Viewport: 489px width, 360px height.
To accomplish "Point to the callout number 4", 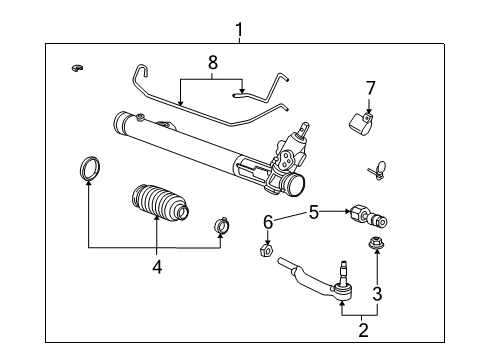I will tap(157, 266).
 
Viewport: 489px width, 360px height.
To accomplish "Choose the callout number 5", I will tap(313, 212).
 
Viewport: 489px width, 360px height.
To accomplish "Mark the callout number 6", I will tap(267, 221).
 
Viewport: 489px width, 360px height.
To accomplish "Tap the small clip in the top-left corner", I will tap(76, 68).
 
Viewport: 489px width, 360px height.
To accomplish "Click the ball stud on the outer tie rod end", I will tap(343, 271).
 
